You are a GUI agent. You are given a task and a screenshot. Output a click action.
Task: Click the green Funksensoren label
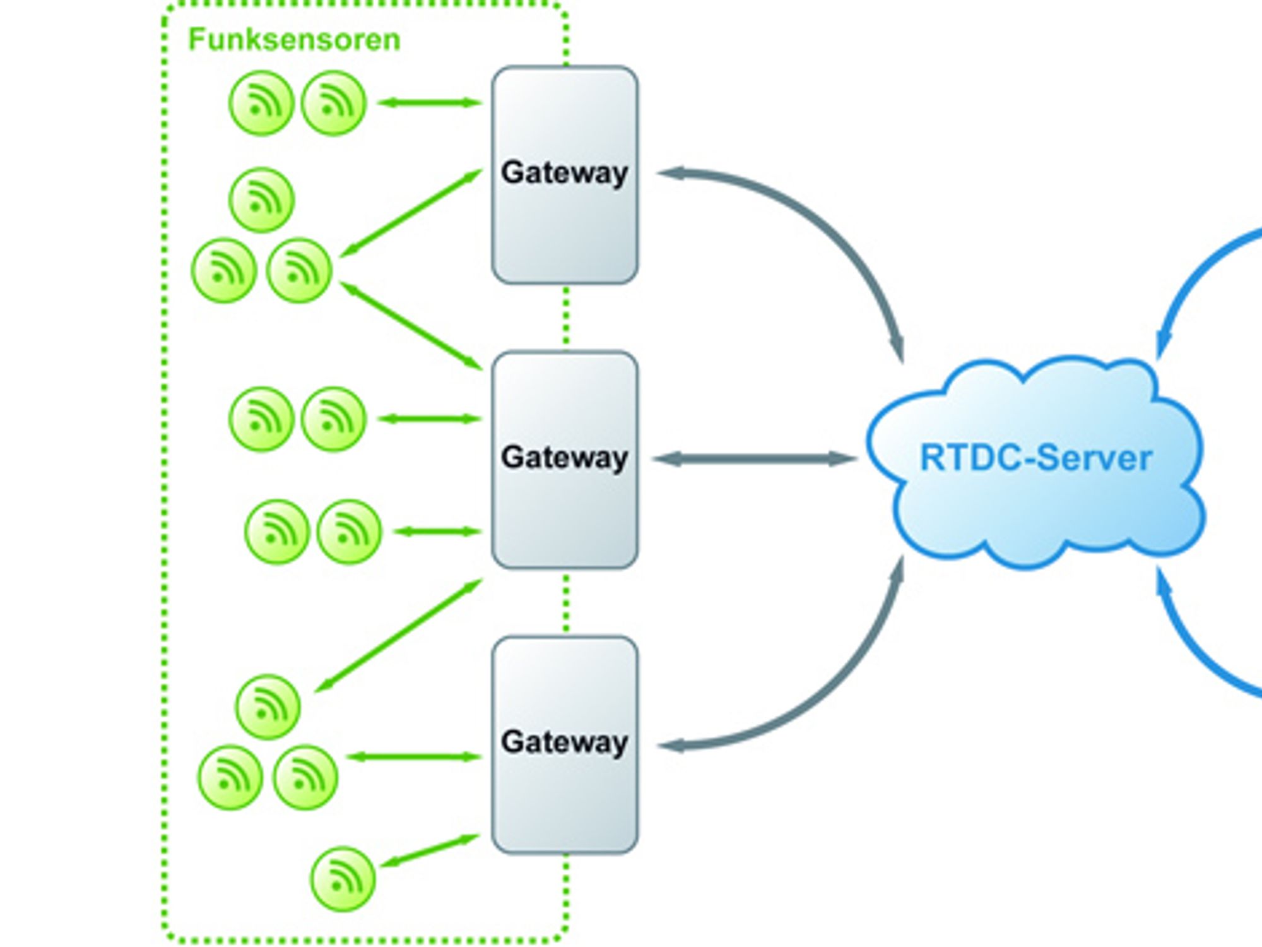294,39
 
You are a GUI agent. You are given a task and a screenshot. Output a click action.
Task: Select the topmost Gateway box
565,175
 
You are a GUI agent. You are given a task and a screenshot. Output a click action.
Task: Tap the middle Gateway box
565,460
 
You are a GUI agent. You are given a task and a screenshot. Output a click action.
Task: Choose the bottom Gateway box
565,745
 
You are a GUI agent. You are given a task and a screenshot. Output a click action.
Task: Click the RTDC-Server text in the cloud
1036,458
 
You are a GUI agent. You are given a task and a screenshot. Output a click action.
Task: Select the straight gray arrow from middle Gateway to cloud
755,459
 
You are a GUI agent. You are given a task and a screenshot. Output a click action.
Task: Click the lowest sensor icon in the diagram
343,879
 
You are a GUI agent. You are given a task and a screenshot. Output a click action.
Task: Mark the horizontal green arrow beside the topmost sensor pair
430,102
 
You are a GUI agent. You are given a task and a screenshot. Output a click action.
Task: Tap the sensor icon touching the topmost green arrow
334,103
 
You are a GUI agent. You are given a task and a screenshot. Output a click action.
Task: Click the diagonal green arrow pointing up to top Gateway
411,213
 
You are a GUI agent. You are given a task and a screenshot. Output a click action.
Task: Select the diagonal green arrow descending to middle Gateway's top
411,326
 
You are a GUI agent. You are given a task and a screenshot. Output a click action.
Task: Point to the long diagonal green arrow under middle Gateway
398,635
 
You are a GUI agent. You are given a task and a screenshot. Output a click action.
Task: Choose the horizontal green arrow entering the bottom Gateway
413,756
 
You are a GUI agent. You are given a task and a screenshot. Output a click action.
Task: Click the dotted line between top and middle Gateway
565,318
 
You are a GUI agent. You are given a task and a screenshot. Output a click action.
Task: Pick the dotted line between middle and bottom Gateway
565,603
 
